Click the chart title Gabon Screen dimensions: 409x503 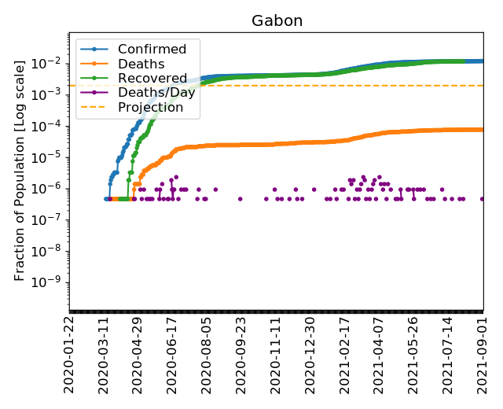pyautogui.click(x=277, y=20)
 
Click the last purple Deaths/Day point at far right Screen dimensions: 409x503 pyautogui.click(x=483, y=198)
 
